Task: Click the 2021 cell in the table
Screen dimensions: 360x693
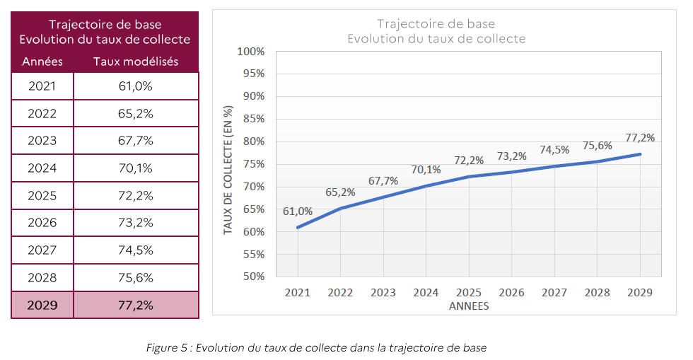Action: [42, 86]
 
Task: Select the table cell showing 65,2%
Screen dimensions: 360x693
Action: [136, 113]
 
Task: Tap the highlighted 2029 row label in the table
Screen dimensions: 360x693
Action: [42, 306]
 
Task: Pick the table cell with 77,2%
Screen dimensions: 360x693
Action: [136, 306]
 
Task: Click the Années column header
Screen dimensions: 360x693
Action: [42, 62]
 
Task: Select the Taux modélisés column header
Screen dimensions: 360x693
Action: [136, 62]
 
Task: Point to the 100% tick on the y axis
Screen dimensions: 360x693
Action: [251, 52]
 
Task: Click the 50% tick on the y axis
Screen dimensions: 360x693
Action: [253, 277]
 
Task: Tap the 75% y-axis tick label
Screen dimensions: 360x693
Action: [253, 164]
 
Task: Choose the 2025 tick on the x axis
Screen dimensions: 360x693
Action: [469, 292]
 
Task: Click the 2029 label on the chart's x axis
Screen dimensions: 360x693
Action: [641, 292]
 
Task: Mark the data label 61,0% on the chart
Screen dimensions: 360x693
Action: [298, 211]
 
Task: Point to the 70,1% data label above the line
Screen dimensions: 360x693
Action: [426, 169]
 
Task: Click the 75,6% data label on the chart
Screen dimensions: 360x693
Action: [598, 146]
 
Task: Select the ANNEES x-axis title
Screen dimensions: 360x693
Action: [469, 307]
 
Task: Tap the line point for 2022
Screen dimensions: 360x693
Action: [340, 208]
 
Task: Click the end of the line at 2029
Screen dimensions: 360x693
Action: [641, 154]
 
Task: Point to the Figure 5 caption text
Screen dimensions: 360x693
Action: [316, 347]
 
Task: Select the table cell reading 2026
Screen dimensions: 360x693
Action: [42, 223]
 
